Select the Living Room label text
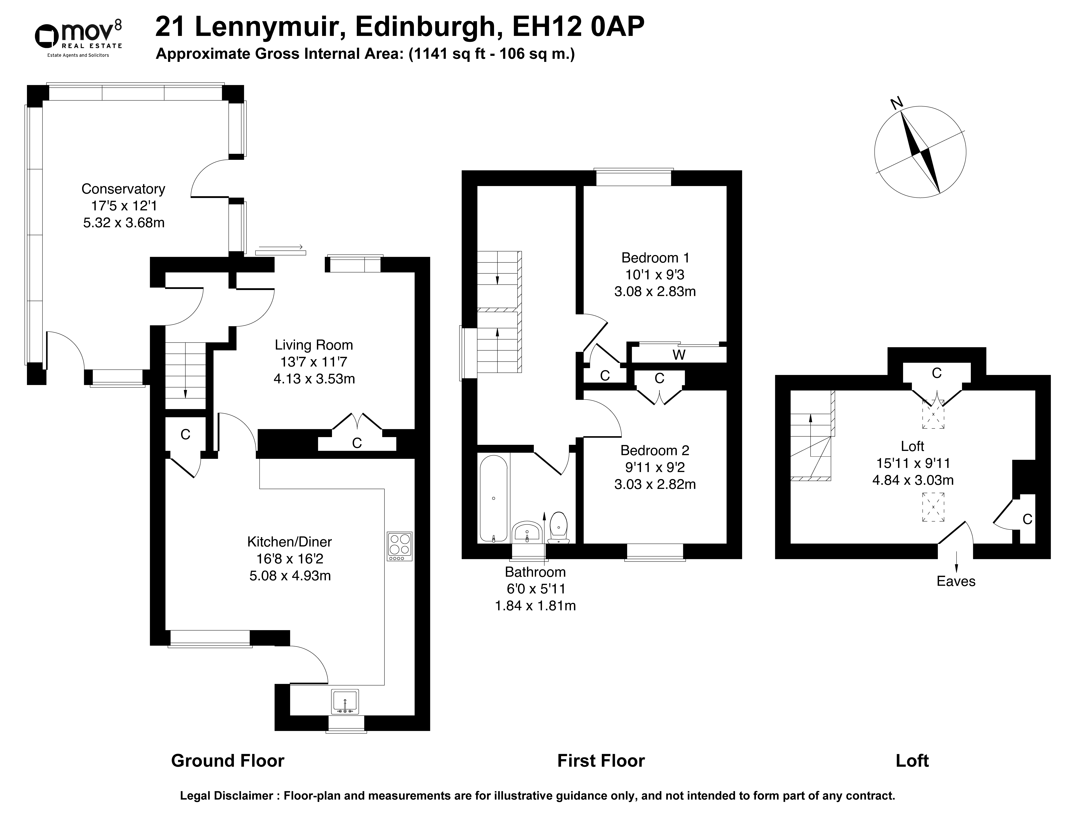click(314, 345)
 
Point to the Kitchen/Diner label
click(290, 542)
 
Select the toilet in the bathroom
click(559, 527)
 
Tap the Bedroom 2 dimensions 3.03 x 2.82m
click(655, 484)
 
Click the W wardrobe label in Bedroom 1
click(679, 355)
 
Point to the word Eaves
click(956, 581)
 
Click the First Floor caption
click(601, 761)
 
